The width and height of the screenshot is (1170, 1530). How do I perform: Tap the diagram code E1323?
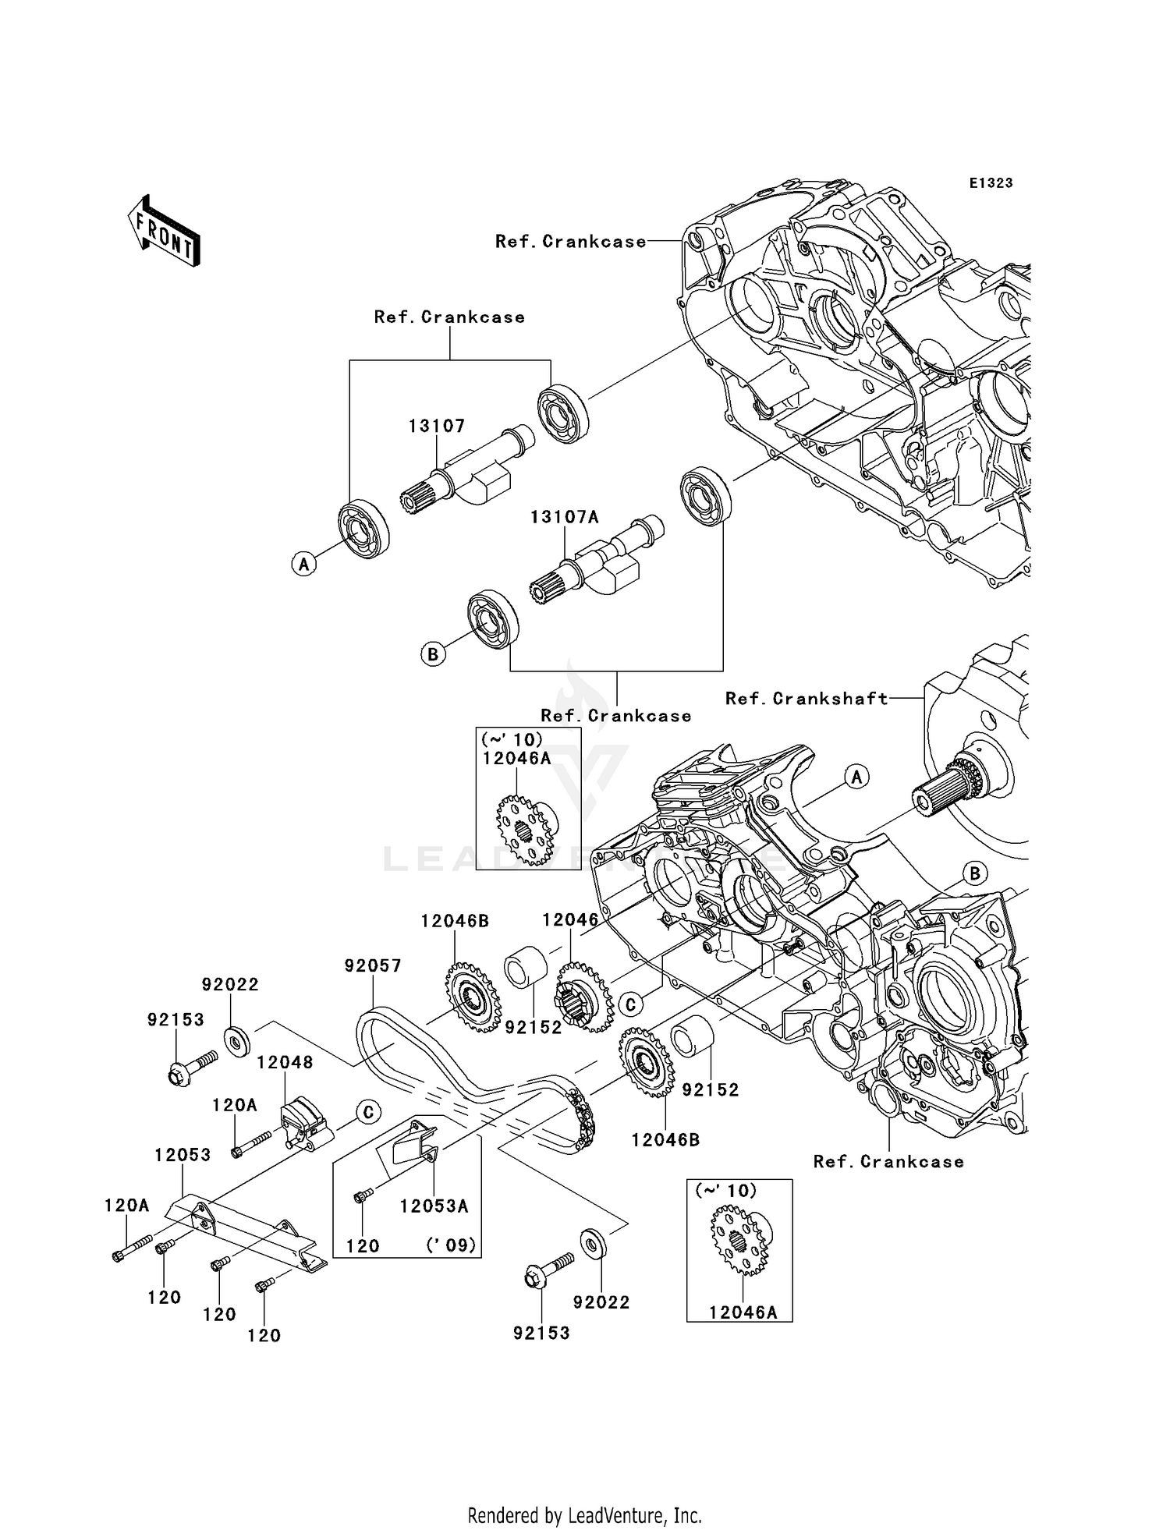pos(991,183)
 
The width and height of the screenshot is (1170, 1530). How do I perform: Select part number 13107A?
pos(564,518)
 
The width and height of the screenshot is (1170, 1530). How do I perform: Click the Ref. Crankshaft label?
pos(807,699)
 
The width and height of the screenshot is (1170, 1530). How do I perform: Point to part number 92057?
pos(373,966)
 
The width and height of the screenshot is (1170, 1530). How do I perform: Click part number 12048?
pos(285,1063)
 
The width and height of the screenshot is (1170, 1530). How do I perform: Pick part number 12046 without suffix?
pos(570,920)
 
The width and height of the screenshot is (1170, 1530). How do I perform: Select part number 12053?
pos(183,1156)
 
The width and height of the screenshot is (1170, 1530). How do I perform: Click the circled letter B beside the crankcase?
pos(974,873)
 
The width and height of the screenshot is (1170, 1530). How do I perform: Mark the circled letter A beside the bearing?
pos(304,563)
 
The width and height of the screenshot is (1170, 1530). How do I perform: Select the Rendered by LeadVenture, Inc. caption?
pos(584,1515)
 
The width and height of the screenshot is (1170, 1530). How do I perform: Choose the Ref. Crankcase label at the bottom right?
pos(888,1162)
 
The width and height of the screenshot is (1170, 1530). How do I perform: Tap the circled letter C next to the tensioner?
pos(368,1112)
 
